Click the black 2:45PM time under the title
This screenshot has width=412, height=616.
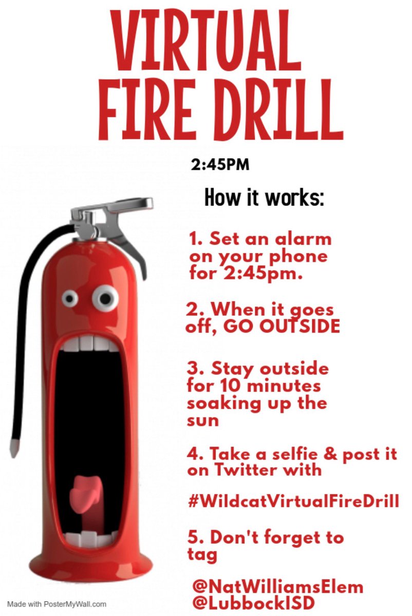click(x=220, y=165)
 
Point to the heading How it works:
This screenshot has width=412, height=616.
click(x=264, y=197)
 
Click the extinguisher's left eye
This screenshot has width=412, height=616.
click(x=70, y=297)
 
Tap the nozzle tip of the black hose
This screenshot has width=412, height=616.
click(x=14, y=447)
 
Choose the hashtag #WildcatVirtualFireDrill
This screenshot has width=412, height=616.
click(x=293, y=500)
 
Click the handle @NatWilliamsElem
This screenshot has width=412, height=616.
click(x=277, y=586)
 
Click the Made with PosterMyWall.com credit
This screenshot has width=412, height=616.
click(x=57, y=604)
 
